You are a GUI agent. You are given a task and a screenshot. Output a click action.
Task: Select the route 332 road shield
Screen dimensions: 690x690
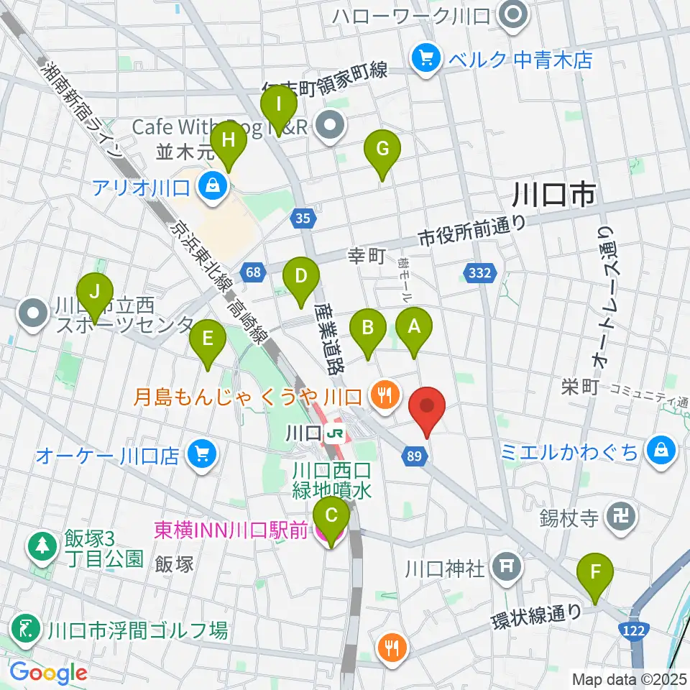(x=479, y=272)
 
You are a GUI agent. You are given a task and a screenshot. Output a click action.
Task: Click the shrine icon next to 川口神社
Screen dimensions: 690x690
(x=507, y=568)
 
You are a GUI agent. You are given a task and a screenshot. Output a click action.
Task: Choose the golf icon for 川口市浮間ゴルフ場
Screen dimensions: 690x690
(x=27, y=630)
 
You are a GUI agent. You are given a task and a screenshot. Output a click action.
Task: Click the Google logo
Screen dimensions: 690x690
(x=48, y=673)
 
